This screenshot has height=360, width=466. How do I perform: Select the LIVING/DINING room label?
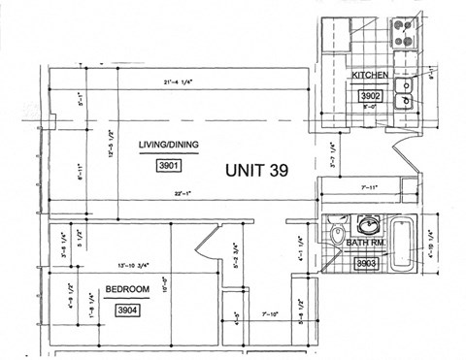[x=168, y=145]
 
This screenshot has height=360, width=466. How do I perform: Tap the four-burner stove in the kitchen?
[x=403, y=36]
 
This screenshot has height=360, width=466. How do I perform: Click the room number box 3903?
[x=365, y=262]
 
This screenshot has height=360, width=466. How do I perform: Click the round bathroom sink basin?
[x=369, y=221]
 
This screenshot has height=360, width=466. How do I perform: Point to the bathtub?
[x=409, y=245]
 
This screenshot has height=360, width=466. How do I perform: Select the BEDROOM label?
[x=127, y=289]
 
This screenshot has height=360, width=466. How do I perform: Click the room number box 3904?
[x=126, y=311]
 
